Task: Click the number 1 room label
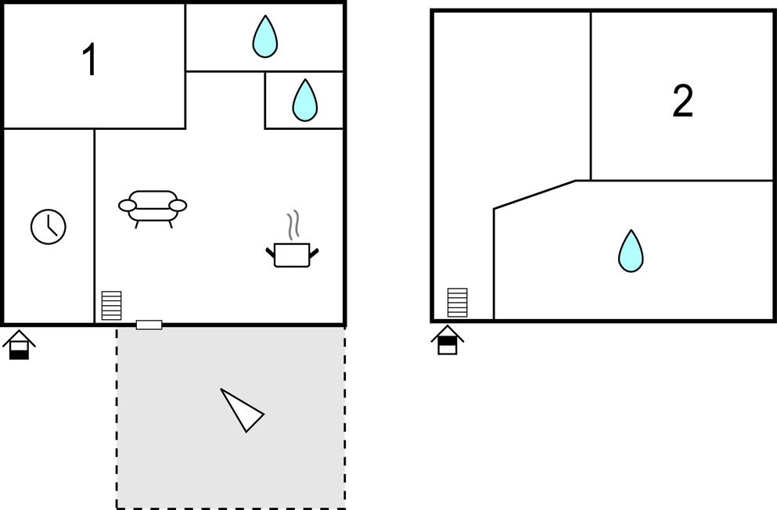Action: pos(90,60)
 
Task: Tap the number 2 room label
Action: pos(682,102)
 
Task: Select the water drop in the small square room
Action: pos(304,100)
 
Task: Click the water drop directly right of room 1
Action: pos(265,37)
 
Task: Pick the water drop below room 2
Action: pos(630,251)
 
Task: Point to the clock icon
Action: pos(49,227)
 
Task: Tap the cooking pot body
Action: pos(292,255)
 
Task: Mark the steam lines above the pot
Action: pos(293,226)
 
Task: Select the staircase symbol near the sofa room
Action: pos(112,305)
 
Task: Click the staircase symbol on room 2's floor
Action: pos(457,303)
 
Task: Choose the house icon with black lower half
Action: pos(20,345)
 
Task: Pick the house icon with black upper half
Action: pos(447,341)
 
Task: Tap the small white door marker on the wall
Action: pos(149,325)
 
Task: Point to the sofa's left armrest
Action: pos(128,206)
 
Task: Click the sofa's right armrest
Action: pos(178,206)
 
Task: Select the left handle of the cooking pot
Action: pos(271,251)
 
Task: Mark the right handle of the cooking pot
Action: pos(314,251)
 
